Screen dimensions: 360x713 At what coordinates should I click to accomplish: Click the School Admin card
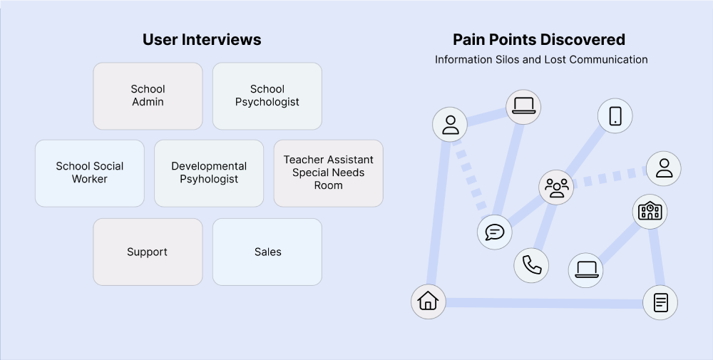tap(148, 96)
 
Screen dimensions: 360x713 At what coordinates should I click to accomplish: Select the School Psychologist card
tap(267, 96)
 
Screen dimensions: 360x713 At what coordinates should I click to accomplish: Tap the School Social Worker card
tap(90, 173)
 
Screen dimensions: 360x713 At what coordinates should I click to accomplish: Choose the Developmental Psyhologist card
tap(209, 173)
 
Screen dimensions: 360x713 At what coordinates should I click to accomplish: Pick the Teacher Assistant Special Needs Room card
tap(328, 173)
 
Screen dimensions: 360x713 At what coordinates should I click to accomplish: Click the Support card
tap(148, 252)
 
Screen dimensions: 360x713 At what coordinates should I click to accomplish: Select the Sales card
tap(267, 252)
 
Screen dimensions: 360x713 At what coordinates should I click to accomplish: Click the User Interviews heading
tap(202, 40)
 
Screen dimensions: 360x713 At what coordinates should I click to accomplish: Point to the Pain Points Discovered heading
tap(539, 40)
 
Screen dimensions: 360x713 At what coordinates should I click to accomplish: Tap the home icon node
tap(428, 301)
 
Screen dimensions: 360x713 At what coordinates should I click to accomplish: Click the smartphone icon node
tap(615, 115)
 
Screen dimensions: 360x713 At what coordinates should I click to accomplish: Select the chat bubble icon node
tap(494, 232)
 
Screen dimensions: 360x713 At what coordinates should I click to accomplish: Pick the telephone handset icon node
tap(531, 265)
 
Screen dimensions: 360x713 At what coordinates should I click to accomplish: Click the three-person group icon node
tap(556, 187)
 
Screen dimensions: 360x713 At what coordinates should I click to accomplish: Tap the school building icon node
tap(650, 211)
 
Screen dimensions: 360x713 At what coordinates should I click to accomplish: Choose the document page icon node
tap(660, 302)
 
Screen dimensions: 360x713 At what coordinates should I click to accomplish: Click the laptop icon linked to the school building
tap(585, 269)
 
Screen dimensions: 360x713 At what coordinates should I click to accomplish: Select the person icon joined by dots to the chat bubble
tap(450, 125)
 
